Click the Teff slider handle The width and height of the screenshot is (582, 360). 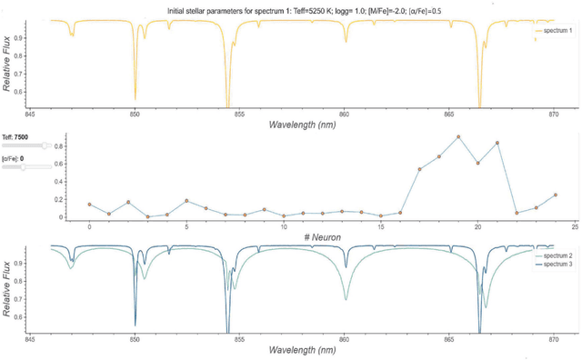44,145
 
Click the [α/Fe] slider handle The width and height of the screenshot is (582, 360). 24,167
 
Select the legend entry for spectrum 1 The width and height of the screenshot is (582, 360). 556,31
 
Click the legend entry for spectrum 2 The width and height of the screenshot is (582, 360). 556,257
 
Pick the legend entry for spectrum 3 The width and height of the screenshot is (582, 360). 556,265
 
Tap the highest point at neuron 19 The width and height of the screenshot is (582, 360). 458,137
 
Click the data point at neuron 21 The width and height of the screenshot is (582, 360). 497,143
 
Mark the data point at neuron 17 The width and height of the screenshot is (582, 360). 419,169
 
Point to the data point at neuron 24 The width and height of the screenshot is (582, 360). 556,195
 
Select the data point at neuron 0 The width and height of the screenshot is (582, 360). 89,205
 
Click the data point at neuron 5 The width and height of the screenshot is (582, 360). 186,201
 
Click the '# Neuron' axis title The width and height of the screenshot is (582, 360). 322,236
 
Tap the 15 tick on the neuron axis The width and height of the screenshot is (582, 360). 380,226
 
